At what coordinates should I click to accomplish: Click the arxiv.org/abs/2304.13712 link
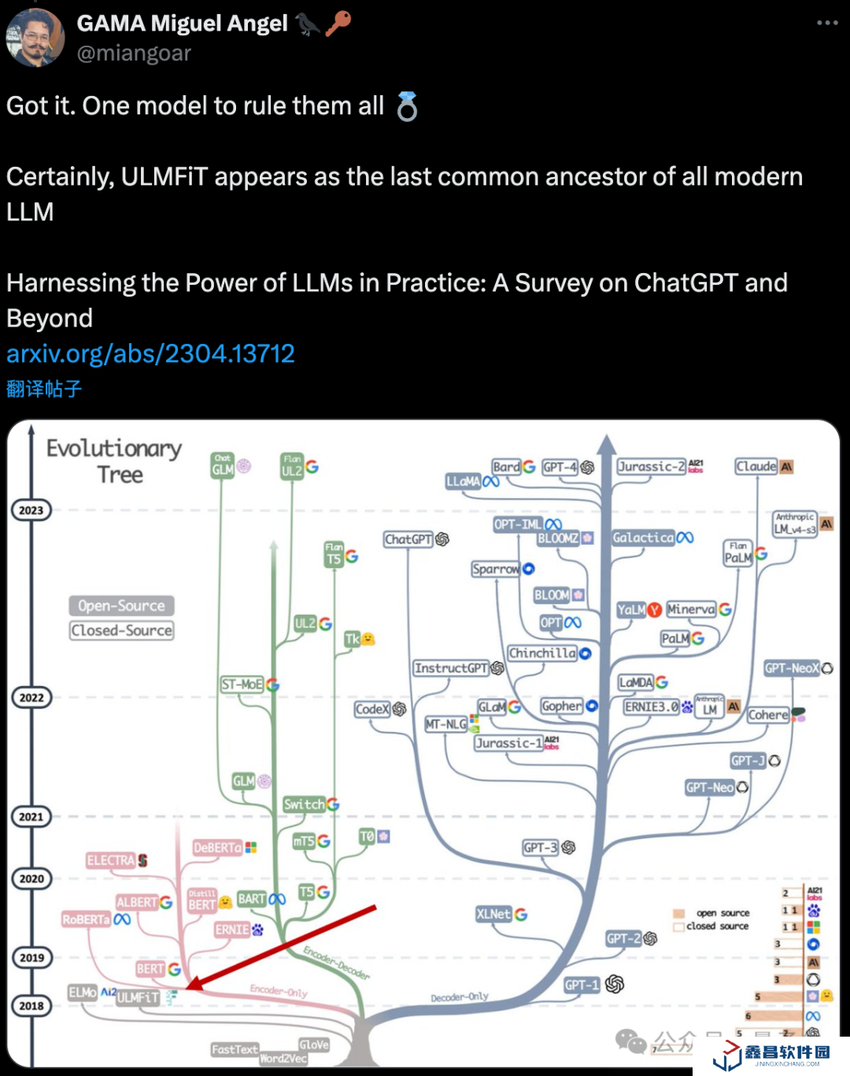[150, 353]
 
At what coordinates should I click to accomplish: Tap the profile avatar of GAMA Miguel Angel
[35, 38]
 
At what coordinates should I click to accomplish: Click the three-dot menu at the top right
[827, 23]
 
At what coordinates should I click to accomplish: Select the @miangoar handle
[134, 53]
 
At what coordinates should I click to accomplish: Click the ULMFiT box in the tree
[138, 997]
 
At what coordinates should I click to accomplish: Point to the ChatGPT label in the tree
[408, 539]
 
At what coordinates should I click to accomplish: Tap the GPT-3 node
[541, 848]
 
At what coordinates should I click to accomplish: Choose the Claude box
[756, 466]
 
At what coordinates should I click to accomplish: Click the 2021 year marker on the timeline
[31, 817]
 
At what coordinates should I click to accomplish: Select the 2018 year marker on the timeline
[31, 1006]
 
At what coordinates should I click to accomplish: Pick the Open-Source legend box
[121, 605]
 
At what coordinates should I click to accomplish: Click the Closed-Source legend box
[121, 630]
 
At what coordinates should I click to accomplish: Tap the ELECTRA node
[111, 860]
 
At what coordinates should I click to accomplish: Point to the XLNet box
[493, 914]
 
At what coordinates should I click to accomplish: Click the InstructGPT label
[452, 668]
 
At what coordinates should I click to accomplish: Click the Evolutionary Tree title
[115, 461]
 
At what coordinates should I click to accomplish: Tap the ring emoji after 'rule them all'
[407, 106]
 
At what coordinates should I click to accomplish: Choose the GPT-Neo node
[710, 787]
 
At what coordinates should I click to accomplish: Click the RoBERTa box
[87, 919]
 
